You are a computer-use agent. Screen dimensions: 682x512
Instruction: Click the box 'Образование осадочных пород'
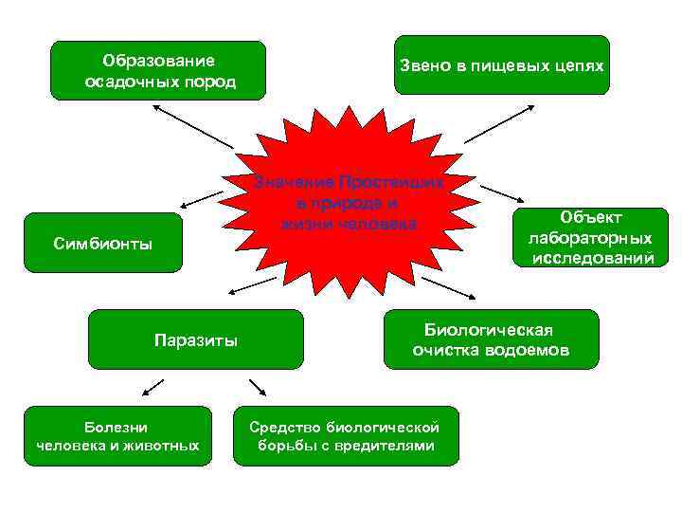click(158, 70)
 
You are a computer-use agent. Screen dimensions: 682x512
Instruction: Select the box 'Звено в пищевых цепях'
click(501, 65)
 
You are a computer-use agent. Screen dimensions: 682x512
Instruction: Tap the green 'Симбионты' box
click(102, 244)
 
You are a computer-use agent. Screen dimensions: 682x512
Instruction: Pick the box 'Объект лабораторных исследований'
click(590, 238)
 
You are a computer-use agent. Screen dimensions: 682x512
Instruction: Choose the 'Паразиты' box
click(195, 338)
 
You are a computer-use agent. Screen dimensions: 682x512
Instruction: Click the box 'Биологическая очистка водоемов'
click(491, 338)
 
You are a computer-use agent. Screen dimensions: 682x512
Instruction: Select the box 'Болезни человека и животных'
click(117, 436)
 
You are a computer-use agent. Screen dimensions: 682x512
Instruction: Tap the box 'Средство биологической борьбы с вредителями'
click(346, 436)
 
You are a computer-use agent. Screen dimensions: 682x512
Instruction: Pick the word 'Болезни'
click(117, 427)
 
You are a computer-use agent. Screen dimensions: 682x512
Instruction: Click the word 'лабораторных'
click(591, 238)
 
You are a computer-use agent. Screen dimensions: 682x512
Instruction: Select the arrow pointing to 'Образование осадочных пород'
click(189, 124)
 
